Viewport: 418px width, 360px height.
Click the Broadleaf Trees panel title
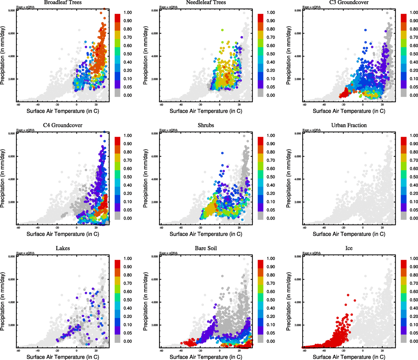click(63, 2)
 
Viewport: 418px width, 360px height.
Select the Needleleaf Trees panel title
click(206, 2)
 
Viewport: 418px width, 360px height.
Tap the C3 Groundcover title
click(349, 2)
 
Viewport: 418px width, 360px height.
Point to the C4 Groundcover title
click(63, 125)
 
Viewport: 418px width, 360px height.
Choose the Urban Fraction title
click(349, 125)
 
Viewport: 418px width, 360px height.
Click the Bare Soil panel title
click(206, 248)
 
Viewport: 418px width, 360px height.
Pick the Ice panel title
click(349, 248)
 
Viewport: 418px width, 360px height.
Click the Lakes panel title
click(63, 248)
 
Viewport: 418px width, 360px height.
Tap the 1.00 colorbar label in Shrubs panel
click(271, 136)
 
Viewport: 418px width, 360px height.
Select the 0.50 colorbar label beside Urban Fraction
click(414, 177)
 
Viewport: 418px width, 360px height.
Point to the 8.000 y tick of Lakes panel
click(11, 256)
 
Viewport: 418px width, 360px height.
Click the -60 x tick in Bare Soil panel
click(161, 350)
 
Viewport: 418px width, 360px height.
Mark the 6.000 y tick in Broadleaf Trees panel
click(11, 33)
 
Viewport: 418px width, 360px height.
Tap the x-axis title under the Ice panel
click(349, 357)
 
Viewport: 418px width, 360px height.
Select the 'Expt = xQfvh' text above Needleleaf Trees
click(168, 7)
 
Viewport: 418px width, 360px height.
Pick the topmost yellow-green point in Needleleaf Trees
click(222, 30)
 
